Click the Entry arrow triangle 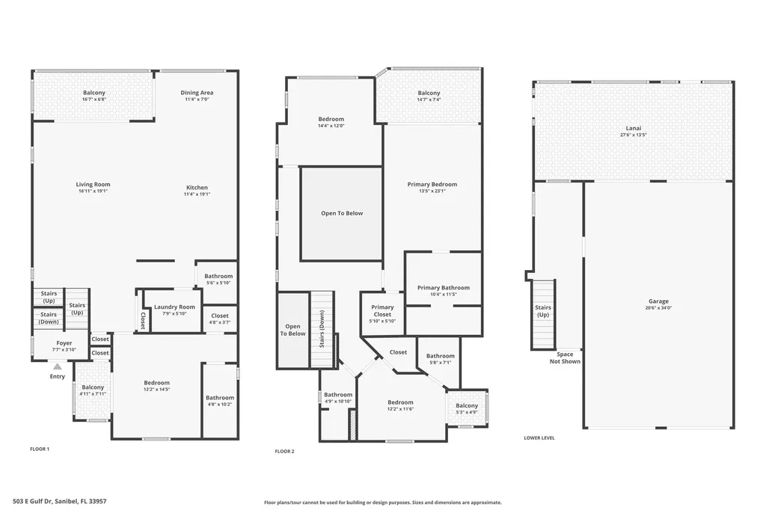(x=57, y=366)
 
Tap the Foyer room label (x=64, y=343)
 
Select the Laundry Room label (x=174, y=307)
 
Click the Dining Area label (x=197, y=93)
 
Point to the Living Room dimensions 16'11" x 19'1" (x=93, y=191)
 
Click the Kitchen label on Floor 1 (x=197, y=187)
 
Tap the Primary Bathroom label (x=444, y=288)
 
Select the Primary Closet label (x=382, y=310)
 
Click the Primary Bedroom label (x=432, y=184)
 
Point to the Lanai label (x=633, y=128)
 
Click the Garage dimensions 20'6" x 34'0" (x=658, y=307)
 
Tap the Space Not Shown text (x=565, y=357)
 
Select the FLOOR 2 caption (x=284, y=451)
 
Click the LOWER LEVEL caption (x=539, y=437)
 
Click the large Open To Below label (x=342, y=213)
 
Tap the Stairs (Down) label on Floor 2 (x=322, y=330)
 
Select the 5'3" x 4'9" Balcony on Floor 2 (x=467, y=409)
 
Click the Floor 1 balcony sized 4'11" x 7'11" (x=93, y=390)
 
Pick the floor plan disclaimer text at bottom (x=382, y=503)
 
